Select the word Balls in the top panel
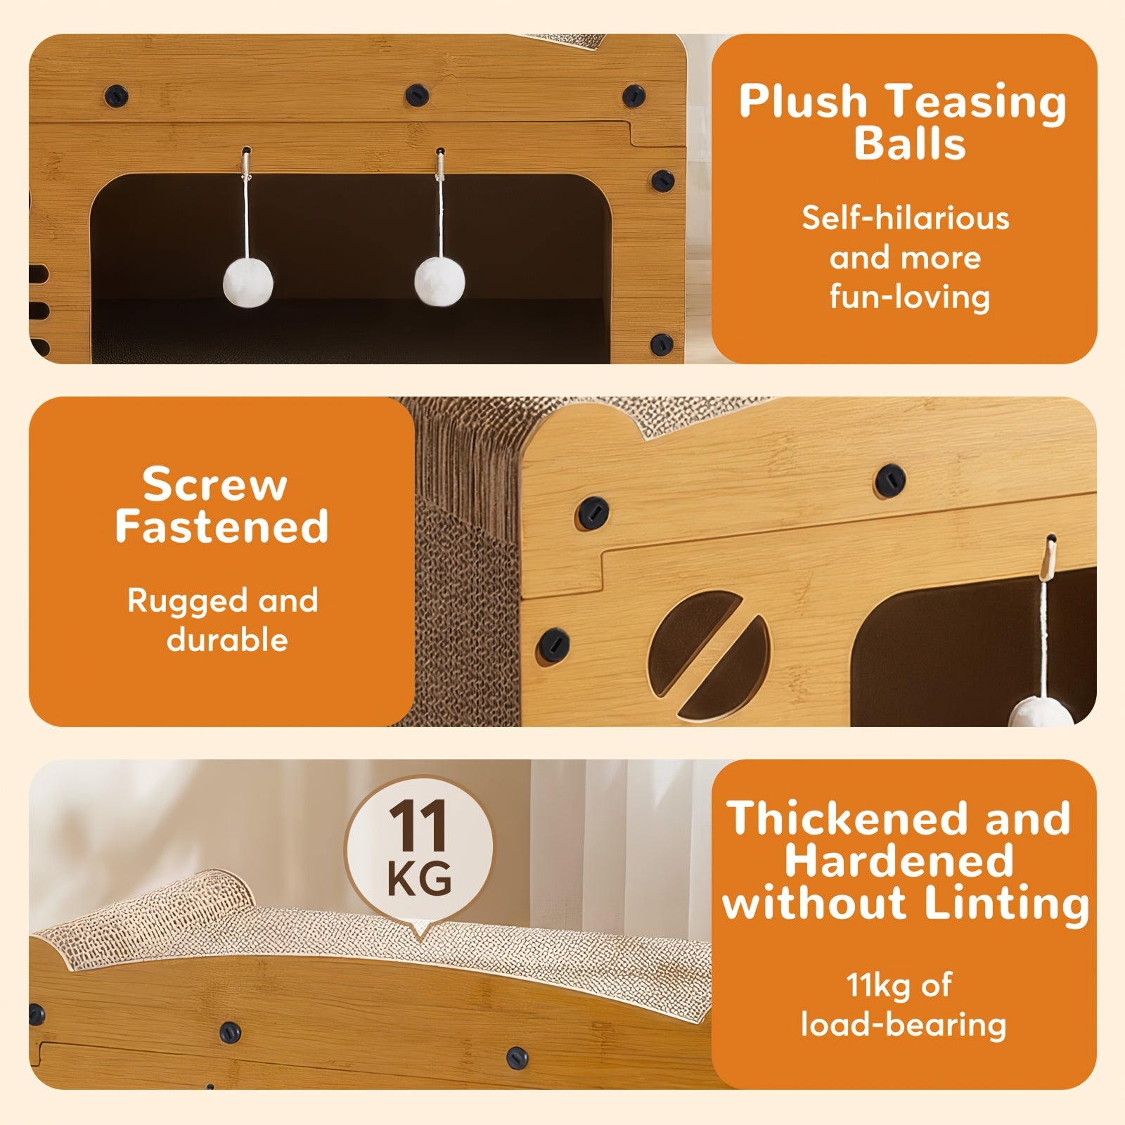click(910, 143)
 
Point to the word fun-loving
click(910, 297)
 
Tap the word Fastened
click(221, 526)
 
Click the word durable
click(227, 640)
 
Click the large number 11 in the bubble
click(418, 827)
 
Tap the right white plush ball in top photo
click(440, 281)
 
